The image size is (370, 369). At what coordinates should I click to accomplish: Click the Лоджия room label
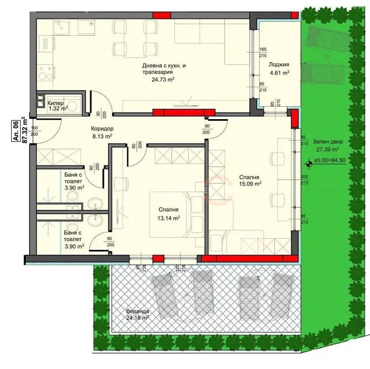point(279,64)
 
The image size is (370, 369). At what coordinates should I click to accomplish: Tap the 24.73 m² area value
point(163,79)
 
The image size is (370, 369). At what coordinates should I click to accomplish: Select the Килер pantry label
point(55,103)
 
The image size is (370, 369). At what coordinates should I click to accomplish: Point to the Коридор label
point(102,129)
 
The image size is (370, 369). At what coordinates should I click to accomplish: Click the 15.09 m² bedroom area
point(250,183)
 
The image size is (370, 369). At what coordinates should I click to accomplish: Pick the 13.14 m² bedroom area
point(169,218)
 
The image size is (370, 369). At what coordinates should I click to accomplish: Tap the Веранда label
point(137,311)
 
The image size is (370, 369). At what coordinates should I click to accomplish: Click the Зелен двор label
point(328,142)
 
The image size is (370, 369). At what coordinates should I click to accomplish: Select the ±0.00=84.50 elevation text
point(330,161)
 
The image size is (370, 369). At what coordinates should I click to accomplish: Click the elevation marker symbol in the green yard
point(309,163)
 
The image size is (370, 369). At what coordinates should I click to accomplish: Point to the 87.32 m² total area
point(25,130)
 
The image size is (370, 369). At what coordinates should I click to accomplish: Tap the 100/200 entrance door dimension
point(34,131)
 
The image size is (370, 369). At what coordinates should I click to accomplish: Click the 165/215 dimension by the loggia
point(263,52)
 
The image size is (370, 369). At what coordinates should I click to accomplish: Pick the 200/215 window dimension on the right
point(304,180)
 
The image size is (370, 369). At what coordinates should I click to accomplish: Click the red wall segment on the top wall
point(161,15)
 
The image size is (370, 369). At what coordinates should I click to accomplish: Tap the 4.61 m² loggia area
point(280,73)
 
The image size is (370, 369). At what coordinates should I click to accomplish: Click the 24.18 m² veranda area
point(137,318)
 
